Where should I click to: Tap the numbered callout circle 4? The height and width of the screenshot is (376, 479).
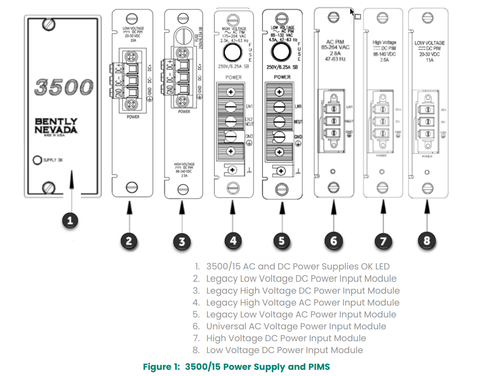pyautogui.click(x=233, y=240)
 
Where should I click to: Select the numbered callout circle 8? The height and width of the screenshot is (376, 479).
pyautogui.click(x=426, y=240)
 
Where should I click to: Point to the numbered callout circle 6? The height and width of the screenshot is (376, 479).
pyautogui.click(x=333, y=240)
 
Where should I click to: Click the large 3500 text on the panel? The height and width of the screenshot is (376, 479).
pyautogui.click(x=63, y=87)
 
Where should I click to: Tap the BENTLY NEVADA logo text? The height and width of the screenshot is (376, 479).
pyautogui.click(x=56, y=125)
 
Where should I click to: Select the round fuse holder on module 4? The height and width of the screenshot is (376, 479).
pyautogui.click(x=233, y=54)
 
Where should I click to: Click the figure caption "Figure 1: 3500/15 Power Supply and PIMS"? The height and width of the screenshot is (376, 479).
pyautogui.click(x=236, y=366)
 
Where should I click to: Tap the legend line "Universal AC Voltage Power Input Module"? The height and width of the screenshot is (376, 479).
pyautogui.click(x=296, y=326)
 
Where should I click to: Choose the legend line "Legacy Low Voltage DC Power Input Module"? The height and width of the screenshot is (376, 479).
pyautogui.click(x=301, y=279)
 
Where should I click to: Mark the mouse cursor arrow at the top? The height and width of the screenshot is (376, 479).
pyautogui.click(x=352, y=12)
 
